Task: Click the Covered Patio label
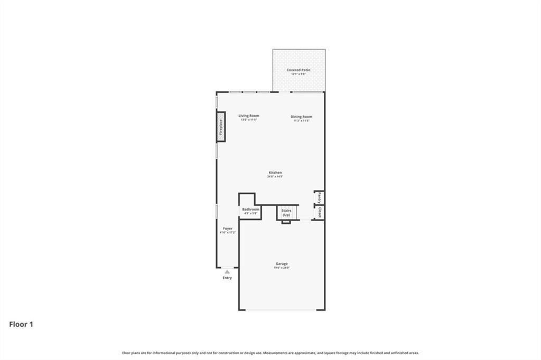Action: coord(299,70)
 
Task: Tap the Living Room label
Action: coord(248,116)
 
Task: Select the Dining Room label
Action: coord(301,117)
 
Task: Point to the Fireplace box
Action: coord(221,127)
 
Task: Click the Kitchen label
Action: coord(275,173)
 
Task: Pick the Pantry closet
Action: coord(319,197)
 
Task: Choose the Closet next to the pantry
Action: coord(319,212)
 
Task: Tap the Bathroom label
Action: coord(251,209)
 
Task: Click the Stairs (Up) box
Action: coord(286,213)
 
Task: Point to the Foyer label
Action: coord(227,229)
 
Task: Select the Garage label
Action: coord(282,263)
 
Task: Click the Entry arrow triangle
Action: coord(227,272)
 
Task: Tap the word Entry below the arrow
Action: coord(227,278)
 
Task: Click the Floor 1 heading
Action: coord(21,324)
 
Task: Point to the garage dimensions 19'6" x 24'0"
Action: coord(282,268)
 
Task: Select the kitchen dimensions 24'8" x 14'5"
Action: coord(275,177)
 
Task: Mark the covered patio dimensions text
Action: coord(299,74)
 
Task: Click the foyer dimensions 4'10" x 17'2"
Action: coord(227,232)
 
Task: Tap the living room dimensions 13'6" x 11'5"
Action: coord(248,120)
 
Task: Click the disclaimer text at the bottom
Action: coord(270,353)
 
